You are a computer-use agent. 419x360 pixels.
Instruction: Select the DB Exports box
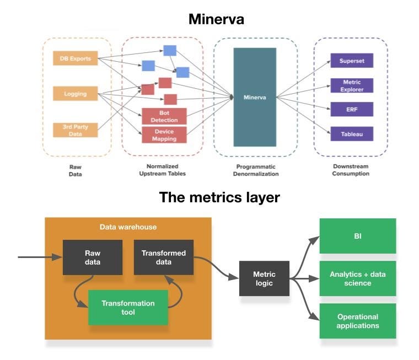(76, 58)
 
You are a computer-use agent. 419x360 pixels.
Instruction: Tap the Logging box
(76, 94)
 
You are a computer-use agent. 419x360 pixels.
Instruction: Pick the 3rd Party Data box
(76, 130)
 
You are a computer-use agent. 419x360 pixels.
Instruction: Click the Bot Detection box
(164, 116)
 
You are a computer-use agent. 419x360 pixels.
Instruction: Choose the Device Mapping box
(164, 135)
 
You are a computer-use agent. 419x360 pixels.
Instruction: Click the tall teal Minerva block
(255, 97)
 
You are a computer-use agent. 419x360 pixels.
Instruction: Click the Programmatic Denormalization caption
(255, 170)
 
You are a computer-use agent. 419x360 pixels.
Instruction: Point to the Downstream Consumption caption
(351, 170)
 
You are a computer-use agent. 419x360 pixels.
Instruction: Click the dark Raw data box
(92, 257)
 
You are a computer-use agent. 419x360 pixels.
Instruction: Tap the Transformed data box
(164, 257)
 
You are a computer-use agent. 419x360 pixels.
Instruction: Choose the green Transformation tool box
(128, 308)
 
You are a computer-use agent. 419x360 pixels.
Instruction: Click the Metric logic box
(264, 278)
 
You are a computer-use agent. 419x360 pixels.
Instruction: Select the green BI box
(358, 236)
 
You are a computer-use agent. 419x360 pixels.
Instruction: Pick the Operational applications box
(358, 321)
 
